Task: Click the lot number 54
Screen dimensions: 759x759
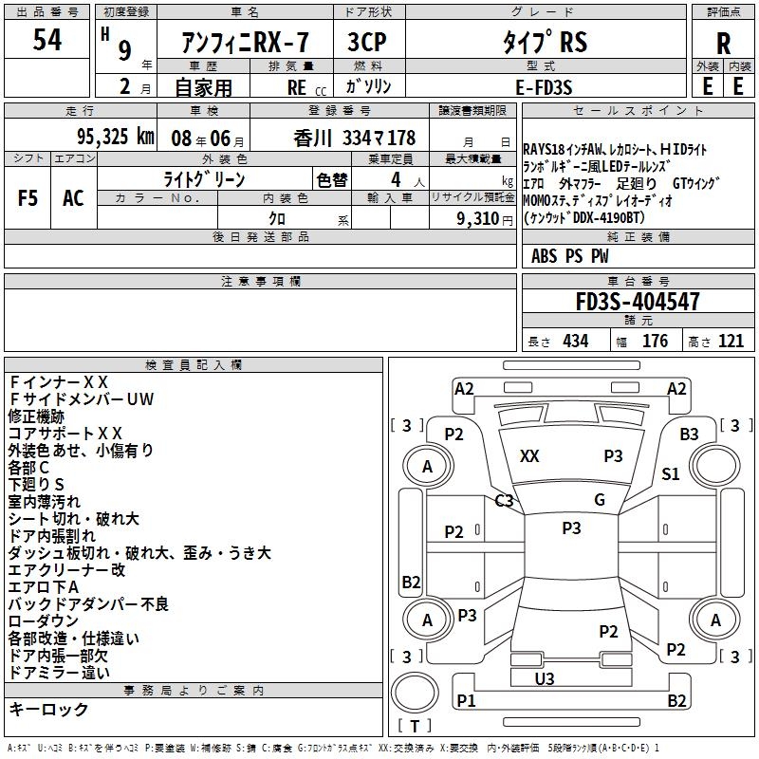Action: [46, 41]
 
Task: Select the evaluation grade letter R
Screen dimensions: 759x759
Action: [723, 44]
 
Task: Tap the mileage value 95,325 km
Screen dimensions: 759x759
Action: [115, 138]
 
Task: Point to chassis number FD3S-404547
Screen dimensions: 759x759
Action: [638, 303]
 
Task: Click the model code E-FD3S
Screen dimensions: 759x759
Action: [544, 87]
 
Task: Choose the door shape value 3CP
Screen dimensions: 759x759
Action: [367, 43]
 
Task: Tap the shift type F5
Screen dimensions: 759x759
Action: [27, 198]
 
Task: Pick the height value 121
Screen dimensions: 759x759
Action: [731, 342]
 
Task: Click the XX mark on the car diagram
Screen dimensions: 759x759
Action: [529, 456]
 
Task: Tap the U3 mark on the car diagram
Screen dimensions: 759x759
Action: [544, 678]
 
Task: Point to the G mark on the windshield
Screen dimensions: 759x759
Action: [600, 500]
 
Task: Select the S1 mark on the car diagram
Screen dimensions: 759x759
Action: [671, 474]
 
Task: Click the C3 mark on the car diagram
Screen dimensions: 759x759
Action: [504, 501]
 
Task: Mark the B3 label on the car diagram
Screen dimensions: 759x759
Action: [689, 434]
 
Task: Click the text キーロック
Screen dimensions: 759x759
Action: [48, 709]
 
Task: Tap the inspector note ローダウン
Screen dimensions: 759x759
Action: [44, 621]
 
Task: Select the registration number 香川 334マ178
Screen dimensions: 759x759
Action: [355, 139]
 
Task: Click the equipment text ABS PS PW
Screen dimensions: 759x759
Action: [570, 256]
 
